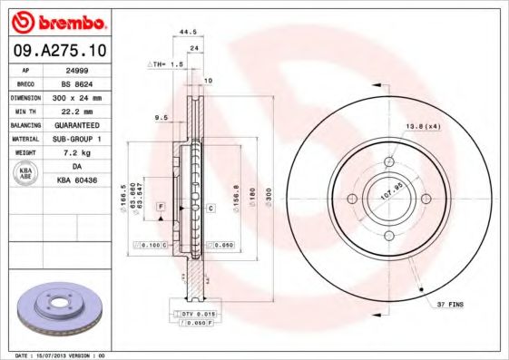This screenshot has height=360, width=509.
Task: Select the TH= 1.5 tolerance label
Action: [x=166, y=65]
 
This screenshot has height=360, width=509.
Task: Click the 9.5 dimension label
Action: [x=162, y=117]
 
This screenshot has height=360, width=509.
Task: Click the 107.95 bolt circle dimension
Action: [x=389, y=193]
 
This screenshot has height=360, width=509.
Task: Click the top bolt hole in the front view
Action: [x=390, y=161]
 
